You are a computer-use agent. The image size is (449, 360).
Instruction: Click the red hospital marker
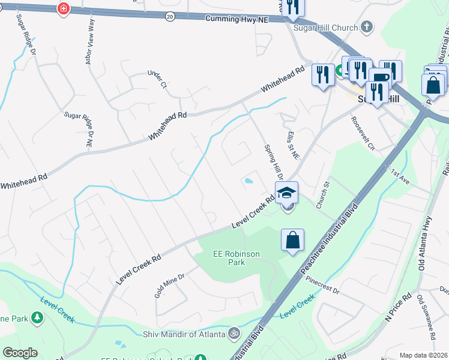pyautogui.click(x=62, y=8)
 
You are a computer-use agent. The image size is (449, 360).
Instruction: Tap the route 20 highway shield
pyautogui.click(x=170, y=17)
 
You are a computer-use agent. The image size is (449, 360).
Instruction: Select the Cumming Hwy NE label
pyautogui.click(x=237, y=19)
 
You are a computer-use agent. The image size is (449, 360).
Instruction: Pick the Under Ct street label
pyautogui.click(x=156, y=80)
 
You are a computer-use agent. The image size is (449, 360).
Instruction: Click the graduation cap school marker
pyautogui.click(x=287, y=193)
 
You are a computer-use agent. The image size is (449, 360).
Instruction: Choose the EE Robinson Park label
pyautogui.click(x=237, y=258)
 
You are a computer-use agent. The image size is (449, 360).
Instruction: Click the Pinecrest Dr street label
pyautogui.click(x=322, y=286)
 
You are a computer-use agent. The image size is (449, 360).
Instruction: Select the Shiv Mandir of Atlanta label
pyautogui.click(x=184, y=334)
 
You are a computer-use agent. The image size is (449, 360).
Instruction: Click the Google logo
pyautogui.click(x=20, y=353)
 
